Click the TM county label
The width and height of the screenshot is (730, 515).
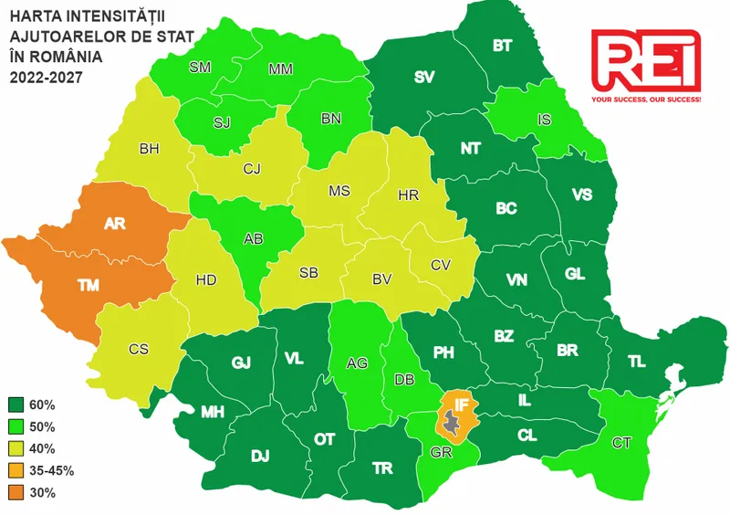89,286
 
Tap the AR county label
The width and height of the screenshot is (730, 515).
115,223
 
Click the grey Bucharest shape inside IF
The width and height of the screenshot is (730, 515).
452,421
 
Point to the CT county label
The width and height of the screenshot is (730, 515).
622,443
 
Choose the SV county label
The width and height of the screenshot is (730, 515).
424,78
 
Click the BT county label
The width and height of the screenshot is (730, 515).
502,46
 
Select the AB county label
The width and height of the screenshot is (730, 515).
255,239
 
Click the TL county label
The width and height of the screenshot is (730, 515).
637,363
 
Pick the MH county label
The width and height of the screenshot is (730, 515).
213,413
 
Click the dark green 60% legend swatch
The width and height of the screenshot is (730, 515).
17,405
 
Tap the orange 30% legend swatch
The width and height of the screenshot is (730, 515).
17,493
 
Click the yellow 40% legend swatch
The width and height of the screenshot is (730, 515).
17,448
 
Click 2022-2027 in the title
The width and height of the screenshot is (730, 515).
46,78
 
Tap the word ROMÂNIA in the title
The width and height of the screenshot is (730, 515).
64,57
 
